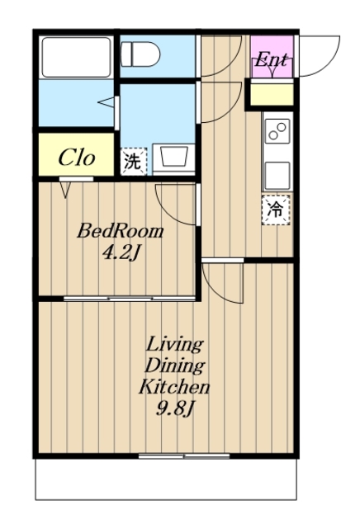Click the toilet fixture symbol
(x=140, y=54)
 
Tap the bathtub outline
(x=76, y=57)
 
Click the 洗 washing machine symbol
(x=134, y=162)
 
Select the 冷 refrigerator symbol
(x=276, y=210)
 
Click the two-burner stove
(x=277, y=132)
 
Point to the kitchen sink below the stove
(x=277, y=176)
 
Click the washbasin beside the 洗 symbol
(x=173, y=158)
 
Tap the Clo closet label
(x=77, y=158)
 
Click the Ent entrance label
(x=271, y=60)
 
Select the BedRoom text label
(x=121, y=232)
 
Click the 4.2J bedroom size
(x=121, y=252)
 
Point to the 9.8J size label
(x=175, y=408)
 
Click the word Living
(x=175, y=345)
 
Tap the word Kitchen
(x=174, y=387)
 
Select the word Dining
(x=175, y=366)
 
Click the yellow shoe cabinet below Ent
(x=272, y=95)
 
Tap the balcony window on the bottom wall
(x=184, y=456)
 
